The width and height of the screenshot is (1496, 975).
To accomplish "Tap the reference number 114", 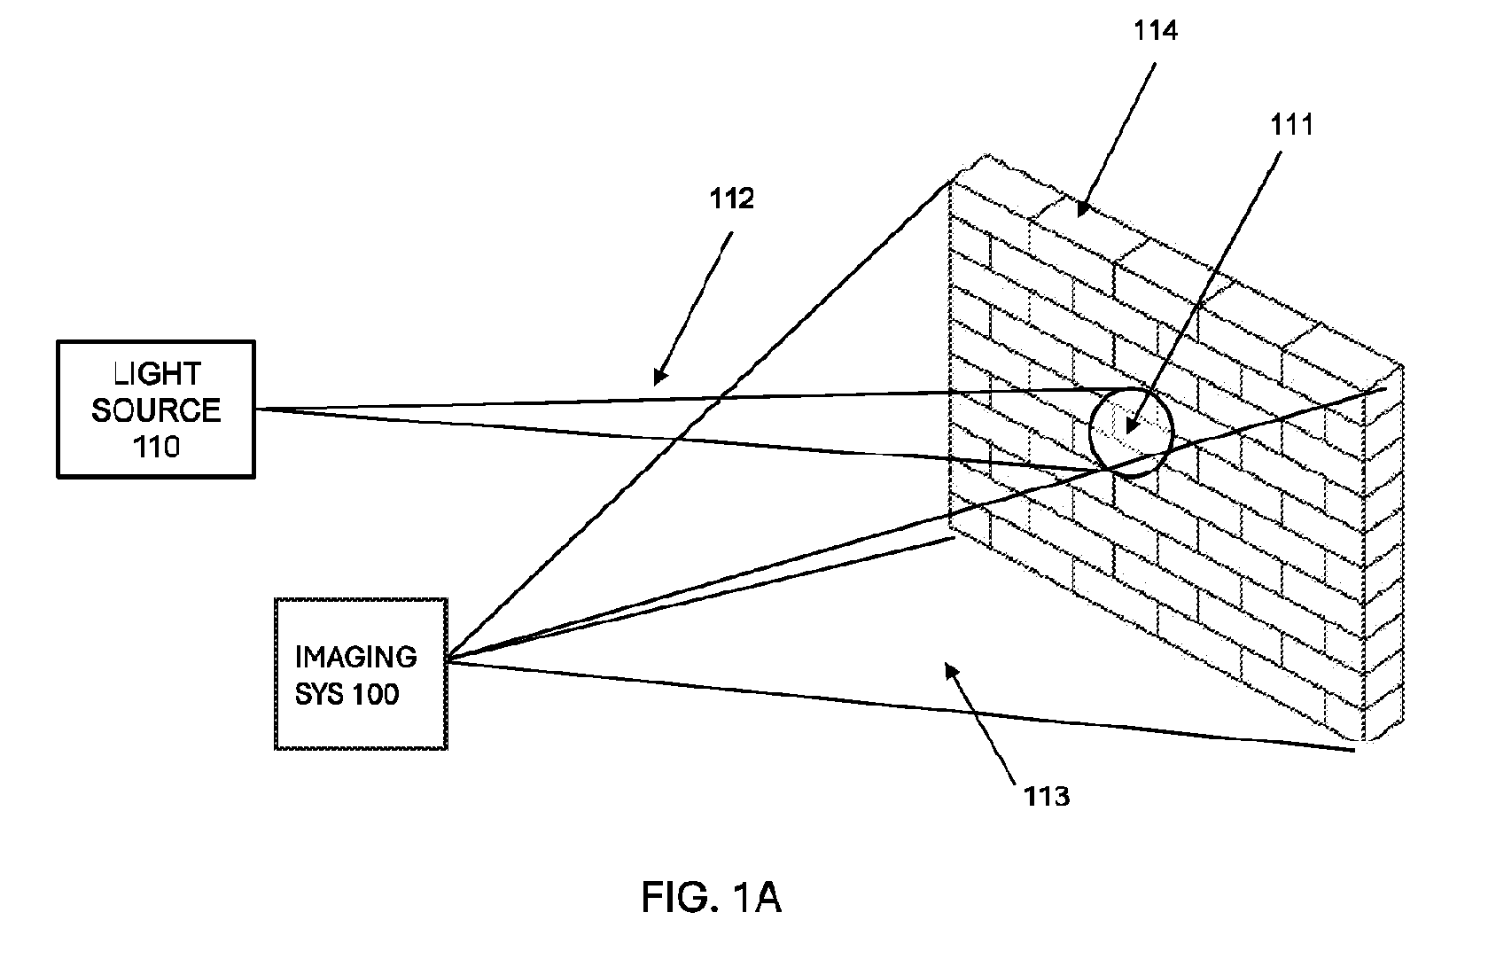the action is pyautogui.click(x=1156, y=31).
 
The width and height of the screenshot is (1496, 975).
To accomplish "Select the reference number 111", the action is pyautogui.click(x=1291, y=125).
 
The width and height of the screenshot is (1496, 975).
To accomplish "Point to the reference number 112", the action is pyautogui.click(x=732, y=199).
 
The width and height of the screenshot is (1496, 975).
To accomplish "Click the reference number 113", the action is pyautogui.click(x=1048, y=797).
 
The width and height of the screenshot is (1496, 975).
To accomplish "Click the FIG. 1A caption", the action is pyautogui.click(x=712, y=897).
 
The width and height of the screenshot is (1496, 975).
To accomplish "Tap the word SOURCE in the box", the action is pyautogui.click(x=156, y=410).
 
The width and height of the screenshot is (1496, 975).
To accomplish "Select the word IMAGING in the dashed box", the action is pyautogui.click(x=356, y=657).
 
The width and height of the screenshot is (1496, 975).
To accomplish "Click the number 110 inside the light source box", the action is pyautogui.click(x=156, y=447).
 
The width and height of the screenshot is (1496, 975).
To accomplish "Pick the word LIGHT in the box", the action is pyautogui.click(x=157, y=374).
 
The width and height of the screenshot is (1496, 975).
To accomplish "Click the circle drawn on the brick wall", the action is pyautogui.click(x=1090, y=433).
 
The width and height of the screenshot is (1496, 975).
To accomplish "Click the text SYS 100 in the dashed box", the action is pyautogui.click(x=347, y=695).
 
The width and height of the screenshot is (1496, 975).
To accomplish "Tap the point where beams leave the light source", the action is pyautogui.click(x=256, y=409).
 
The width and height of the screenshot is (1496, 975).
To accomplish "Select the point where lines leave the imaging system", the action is pyautogui.click(x=448, y=659).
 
